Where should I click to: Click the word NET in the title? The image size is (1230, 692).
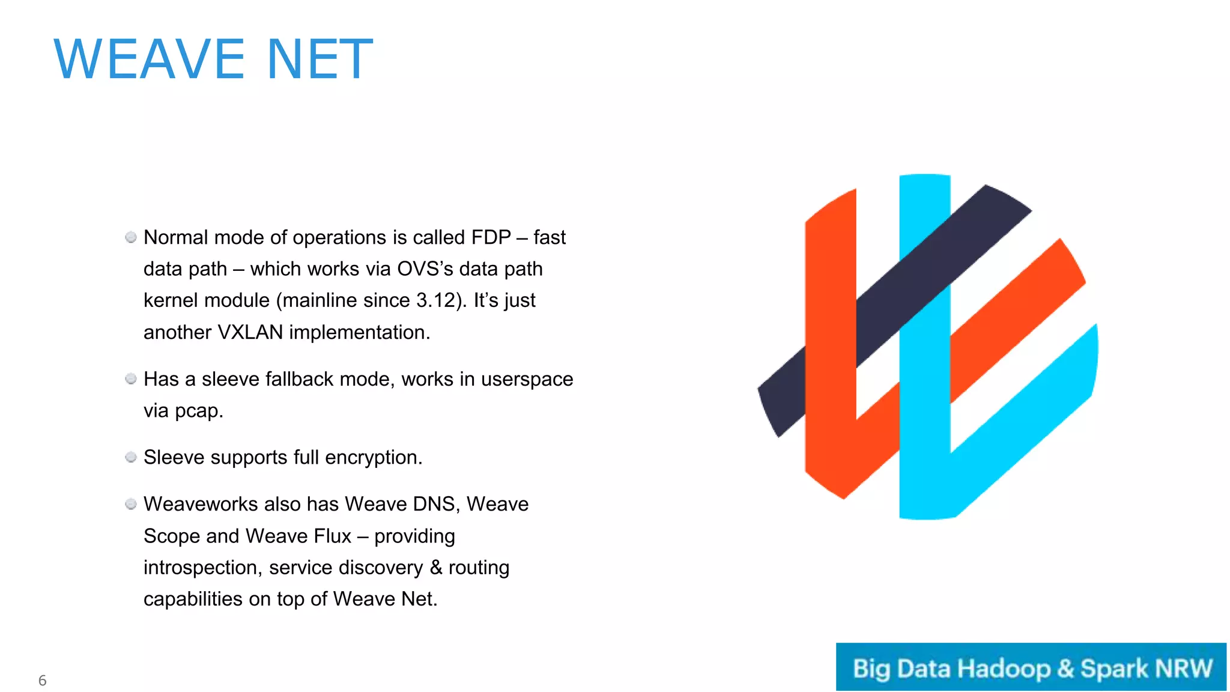pyautogui.click(x=320, y=59)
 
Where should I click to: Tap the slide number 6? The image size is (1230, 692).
pyautogui.click(x=42, y=680)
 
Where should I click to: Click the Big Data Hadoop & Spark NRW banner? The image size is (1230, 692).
pyautogui.click(x=1031, y=667)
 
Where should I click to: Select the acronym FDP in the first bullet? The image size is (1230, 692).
pyautogui.click(x=491, y=237)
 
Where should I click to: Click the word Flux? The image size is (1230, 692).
pyautogui.click(x=329, y=535)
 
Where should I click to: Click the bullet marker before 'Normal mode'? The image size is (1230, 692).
pyautogui.click(x=131, y=237)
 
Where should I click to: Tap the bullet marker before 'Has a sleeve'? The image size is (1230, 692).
pyautogui.click(x=131, y=378)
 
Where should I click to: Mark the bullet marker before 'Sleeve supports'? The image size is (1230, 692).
pyautogui.click(x=131, y=457)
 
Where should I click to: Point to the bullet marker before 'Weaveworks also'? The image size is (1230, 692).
pyautogui.click(x=131, y=504)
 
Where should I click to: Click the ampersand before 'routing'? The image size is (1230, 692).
pyautogui.click(x=436, y=567)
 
